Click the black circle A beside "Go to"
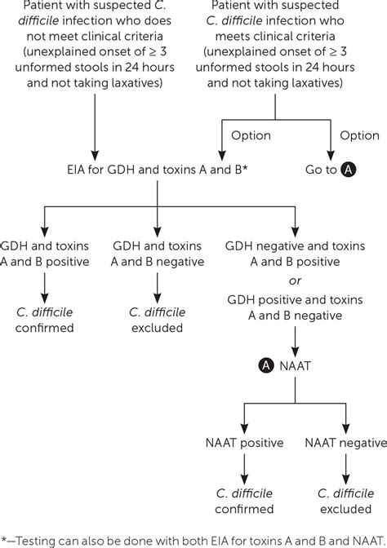[348, 170]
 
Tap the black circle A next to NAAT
[266, 366]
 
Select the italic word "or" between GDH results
[295, 281]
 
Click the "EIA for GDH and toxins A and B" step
[158, 170]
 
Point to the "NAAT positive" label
[245, 443]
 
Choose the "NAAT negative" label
[345, 443]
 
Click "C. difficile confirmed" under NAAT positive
[244, 502]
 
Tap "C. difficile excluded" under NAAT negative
[345, 502]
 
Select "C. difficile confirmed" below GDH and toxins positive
[44, 320]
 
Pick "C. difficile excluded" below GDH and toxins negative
[157, 320]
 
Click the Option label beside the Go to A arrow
[360, 135]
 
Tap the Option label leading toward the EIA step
[251, 135]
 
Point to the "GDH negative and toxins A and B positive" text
[295, 254]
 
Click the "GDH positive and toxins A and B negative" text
[295, 307]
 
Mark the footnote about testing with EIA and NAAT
[193, 541]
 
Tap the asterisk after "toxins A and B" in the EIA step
[245, 168]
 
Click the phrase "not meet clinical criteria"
[95, 37]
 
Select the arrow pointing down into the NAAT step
[295, 342]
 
